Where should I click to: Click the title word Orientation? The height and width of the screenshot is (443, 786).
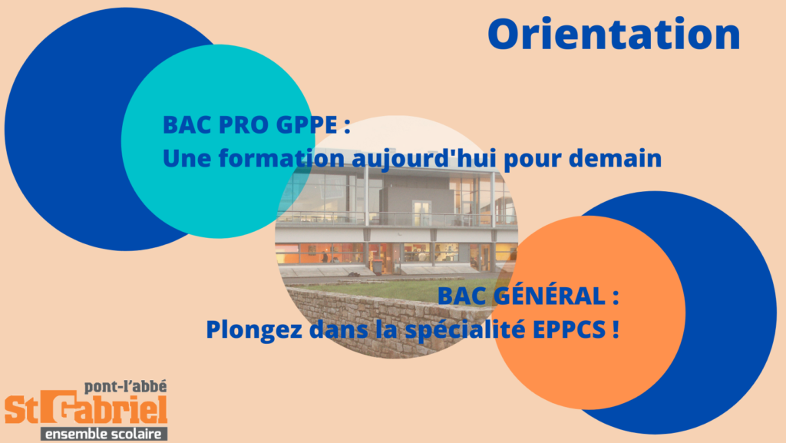pyautogui.click(x=614, y=34)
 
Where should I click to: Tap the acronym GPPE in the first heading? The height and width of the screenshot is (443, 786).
pyautogui.click(x=306, y=125)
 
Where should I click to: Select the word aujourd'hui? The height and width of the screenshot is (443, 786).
pyautogui.click(x=424, y=159)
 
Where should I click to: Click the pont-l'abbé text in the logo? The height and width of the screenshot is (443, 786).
pyautogui.click(x=125, y=387)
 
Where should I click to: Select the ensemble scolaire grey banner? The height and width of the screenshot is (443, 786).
pyautogui.click(x=104, y=434)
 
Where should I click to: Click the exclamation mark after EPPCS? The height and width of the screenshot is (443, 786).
pyautogui.click(x=615, y=329)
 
